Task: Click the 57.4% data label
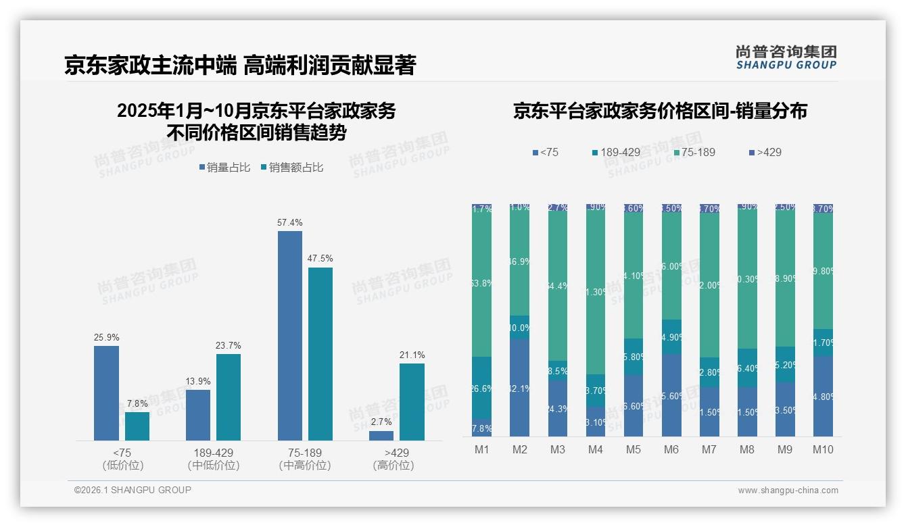pos(290,222)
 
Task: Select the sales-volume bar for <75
pos(106,393)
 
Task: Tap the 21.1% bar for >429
pos(412,402)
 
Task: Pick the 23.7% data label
pos(229,345)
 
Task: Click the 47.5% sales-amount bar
pos(320,354)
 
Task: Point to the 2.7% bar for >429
pos(381,436)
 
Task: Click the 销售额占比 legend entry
pos(291,168)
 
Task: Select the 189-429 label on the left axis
pos(214,453)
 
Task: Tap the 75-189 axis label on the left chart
pos(305,453)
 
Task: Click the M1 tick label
pos(481,449)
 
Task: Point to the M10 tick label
pos(823,449)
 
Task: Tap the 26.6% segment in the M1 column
pos(482,388)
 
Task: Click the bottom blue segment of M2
pos(520,387)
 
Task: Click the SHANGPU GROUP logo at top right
pos(786,57)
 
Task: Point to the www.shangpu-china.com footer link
pos(788,491)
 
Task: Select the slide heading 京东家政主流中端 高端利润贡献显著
pos(240,65)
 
